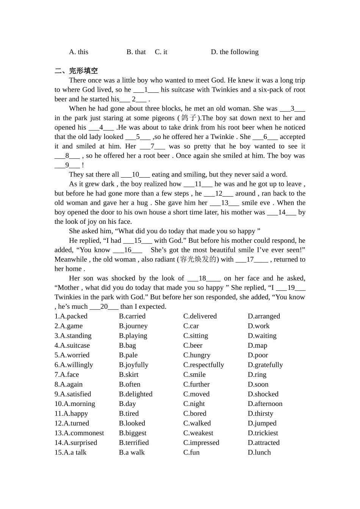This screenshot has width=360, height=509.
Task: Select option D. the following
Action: pyautogui.click(x=235, y=52)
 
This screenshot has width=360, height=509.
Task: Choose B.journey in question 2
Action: pyautogui.click(x=133, y=326)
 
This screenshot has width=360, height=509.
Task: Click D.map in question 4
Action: pyautogui.click(x=257, y=345)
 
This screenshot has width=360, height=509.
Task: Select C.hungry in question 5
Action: pyautogui.click(x=197, y=355)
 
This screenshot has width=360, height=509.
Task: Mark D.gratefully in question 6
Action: pyautogui.click(x=265, y=365)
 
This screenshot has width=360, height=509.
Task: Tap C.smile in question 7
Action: pyautogui.click(x=194, y=375)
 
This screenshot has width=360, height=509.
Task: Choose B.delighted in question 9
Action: pyautogui.click(x=136, y=394)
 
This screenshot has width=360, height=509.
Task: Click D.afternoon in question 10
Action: pyautogui.click(x=265, y=404)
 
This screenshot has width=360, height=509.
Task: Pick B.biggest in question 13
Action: pyautogui.click(x=133, y=433)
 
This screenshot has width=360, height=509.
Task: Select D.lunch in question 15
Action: pyautogui.click(x=259, y=453)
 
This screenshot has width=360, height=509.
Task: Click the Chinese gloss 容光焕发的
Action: pyautogui.click(x=198, y=259)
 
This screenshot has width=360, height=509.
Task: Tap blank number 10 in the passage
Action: pyautogui.click(x=135, y=175)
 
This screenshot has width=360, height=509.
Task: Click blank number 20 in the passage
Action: pyautogui.click(x=104, y=307)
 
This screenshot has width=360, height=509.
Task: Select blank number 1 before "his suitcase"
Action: pyautogui.click(x=146, y=90)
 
